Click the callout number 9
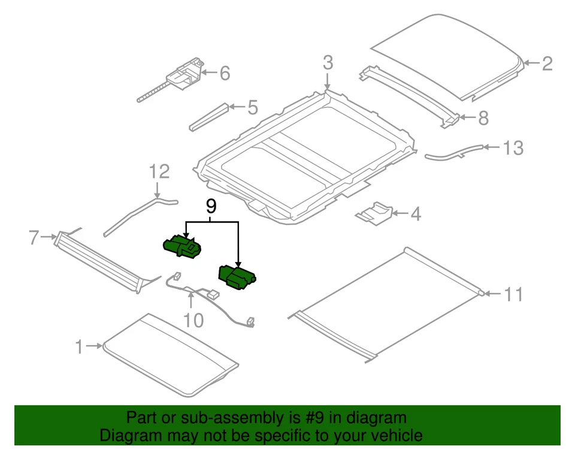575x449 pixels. click(210, 207)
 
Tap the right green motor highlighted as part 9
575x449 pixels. click(236, 278)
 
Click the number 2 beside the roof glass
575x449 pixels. click(546, 64)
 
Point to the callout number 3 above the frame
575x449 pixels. click(328, 62)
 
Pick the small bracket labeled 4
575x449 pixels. click(375, 213)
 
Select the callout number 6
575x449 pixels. click(225, 73)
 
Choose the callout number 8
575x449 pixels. click(482, 117)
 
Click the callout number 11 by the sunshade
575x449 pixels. click(513, 294)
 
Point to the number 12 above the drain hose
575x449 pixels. click(159, 172)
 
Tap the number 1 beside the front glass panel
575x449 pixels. click(78, 346)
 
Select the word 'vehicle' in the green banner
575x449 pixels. click(398, 435)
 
